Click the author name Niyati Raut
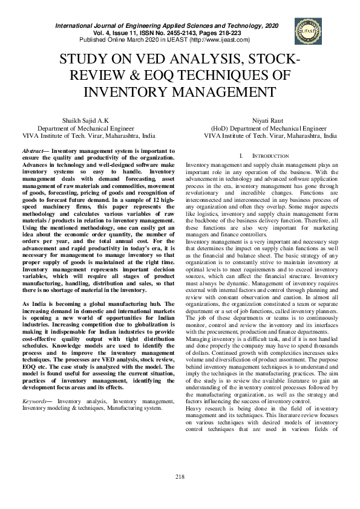269,121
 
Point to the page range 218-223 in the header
224,33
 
